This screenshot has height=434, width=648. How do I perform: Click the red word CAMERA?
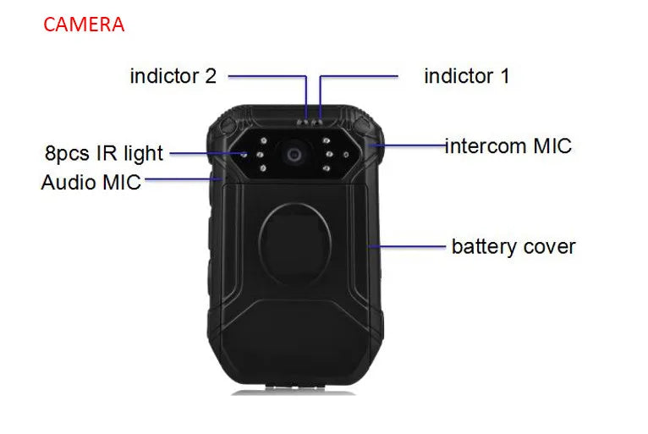tap(84, 25)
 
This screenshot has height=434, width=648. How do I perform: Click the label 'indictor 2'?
tap(173, 76)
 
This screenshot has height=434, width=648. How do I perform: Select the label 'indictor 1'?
tap(466, 76)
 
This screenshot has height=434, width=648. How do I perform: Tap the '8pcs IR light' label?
tap(104, 154)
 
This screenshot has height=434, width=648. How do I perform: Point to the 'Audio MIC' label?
tap(91, 181)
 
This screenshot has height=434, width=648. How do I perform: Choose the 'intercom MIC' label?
tap(508, 146)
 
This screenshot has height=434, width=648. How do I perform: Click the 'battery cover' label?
tap(513, 247)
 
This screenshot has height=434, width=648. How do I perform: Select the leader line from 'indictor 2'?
tap(266, 76)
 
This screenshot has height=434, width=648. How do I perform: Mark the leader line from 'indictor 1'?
tap(360, 76)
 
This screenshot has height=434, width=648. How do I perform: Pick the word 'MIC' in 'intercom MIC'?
tap(552, 146)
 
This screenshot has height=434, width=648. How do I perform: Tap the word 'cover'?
tap(548, 247)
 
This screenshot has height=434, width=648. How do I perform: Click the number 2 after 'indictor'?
tap(211, 76)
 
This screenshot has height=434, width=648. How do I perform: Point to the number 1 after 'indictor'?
tap(504, 76)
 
